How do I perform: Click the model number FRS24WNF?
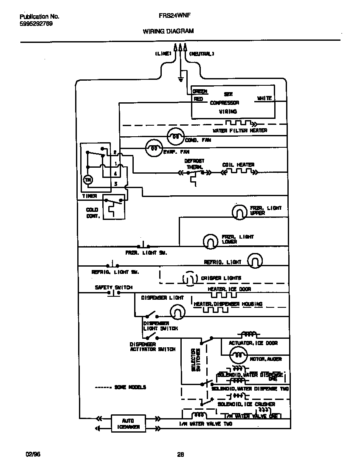point(168,16)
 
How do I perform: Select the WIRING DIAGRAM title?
point(168,31)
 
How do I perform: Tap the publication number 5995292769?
point(37,24)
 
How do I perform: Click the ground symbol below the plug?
point(180,79)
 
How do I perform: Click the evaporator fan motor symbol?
point(153,148)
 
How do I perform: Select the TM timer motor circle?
point(88,180)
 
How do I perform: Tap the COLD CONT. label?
point(92,213)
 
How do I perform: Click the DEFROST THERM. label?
point(194,164)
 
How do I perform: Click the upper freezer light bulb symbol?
point(239,212)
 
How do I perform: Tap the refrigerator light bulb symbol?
point(255,262)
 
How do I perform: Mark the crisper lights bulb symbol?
point(190,279)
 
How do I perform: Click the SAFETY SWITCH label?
point(113,287)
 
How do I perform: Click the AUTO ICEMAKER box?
point(128,423)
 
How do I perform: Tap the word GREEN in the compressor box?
point(200,91)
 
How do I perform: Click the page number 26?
point(180,454)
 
